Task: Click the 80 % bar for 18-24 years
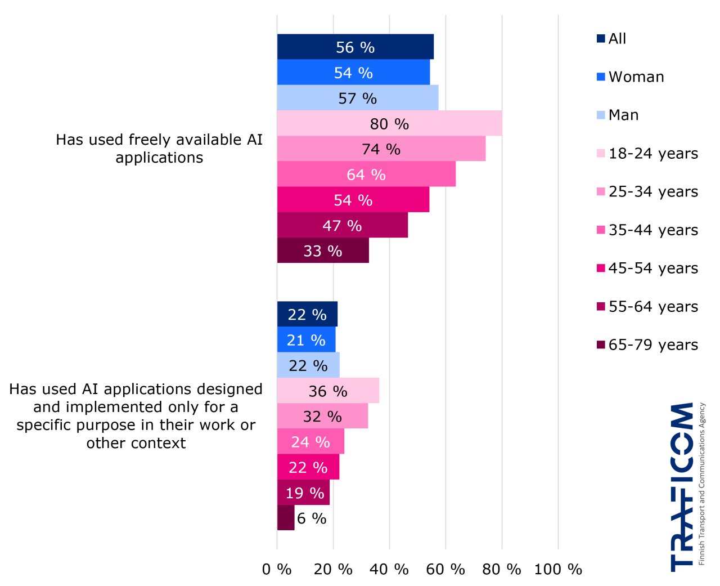point(389,123)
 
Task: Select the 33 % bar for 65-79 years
point(323,250)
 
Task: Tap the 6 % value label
point(312,518)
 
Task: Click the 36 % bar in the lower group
point(328,391)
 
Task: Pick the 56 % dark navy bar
point(355,47)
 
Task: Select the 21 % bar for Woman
point(306,340)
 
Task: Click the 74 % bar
point(381,149)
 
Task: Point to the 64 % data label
point(366,175)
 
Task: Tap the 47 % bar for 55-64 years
point(342,225)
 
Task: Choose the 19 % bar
point(304,493)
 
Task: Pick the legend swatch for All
point(601,38)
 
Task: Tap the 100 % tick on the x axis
point(558,569)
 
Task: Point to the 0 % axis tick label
point(277,569)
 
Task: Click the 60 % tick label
point(445,569)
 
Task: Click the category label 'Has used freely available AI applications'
point(159,149)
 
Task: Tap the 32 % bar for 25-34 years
point(322,416)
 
